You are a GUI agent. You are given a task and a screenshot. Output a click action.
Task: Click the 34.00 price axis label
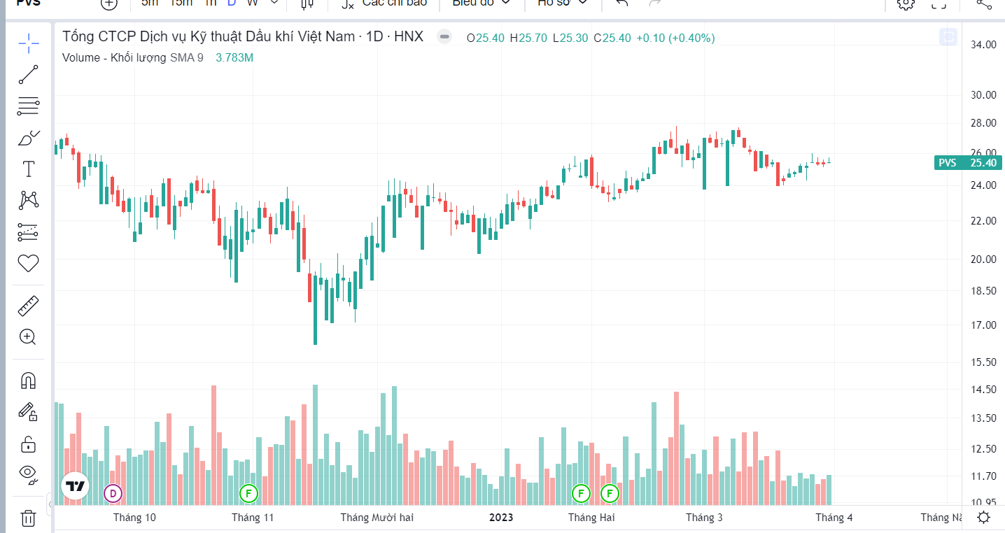click(983, 45)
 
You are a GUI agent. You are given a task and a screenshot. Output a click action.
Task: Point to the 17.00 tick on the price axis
click(983, 325)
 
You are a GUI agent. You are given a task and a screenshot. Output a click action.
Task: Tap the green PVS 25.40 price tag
click(969, 163)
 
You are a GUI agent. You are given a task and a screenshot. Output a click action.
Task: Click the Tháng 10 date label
click(134, 518)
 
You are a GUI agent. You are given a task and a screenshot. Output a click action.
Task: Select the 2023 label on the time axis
click(500, 518)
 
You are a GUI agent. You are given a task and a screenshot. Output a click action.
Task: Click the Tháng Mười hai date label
click(377, 518)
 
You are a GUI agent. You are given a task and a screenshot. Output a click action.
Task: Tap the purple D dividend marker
click(113, 493)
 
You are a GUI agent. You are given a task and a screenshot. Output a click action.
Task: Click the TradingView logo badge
click(75, 486)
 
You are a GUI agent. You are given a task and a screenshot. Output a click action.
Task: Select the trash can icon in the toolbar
click(28, 518)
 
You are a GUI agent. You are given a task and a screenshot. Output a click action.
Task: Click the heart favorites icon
click(28, 264)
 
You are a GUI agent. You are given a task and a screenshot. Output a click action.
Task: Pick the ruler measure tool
click(28, 306)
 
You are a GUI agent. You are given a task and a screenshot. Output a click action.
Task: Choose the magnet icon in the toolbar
click(28, 381)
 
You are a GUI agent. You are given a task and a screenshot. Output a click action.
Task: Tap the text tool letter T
click(28, 169)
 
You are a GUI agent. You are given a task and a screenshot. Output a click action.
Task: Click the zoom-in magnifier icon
click(28, 337)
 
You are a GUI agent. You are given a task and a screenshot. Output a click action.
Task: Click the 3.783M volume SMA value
click(234, 58)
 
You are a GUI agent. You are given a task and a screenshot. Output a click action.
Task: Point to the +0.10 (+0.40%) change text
click(675, 38)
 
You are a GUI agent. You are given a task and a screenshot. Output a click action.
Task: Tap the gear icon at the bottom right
click(983, 518)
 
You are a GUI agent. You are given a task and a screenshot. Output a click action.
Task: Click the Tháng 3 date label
click(704, 518)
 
